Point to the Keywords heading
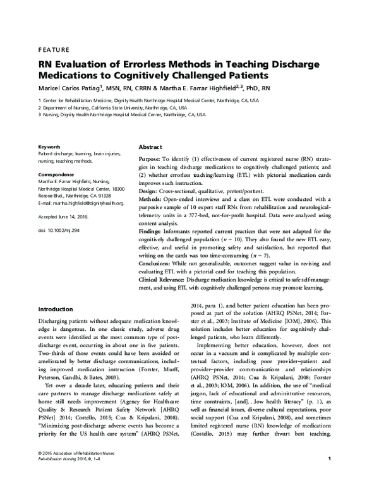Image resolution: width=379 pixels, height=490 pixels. [x=49, y=146]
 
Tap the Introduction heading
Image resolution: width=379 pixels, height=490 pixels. [x=60, y=309]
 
